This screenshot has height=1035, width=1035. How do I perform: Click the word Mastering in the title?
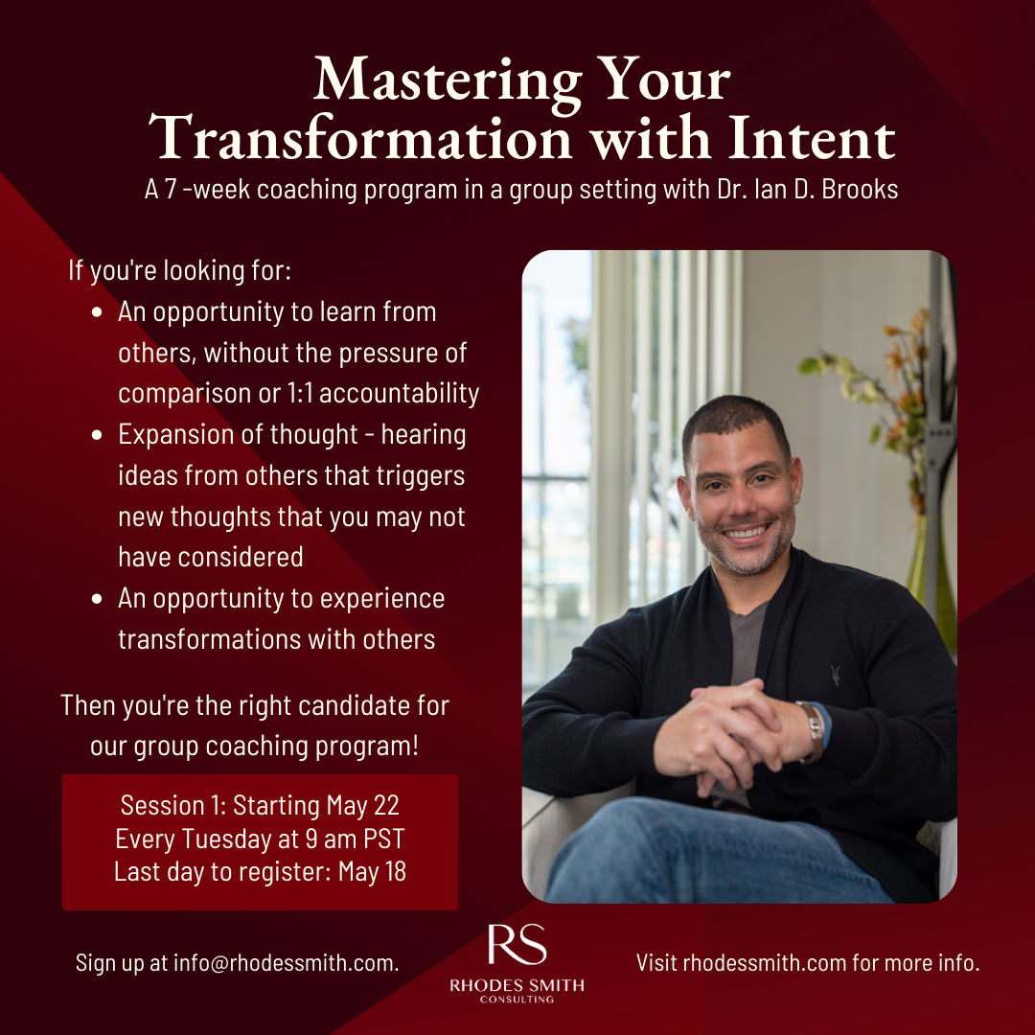[448, 81]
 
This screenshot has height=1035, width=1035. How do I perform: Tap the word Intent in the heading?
[812, 139]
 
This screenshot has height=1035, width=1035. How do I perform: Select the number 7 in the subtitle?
[171, 190]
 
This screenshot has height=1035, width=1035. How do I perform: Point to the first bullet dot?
[97, 312]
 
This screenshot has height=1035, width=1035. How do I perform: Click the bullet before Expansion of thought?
[97, 435]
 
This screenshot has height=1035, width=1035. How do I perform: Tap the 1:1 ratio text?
[300, 394]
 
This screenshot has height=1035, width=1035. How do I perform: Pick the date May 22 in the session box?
[362, 806]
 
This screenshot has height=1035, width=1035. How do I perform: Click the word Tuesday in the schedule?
[227, 839]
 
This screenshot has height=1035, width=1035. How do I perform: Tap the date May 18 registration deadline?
[372, 871]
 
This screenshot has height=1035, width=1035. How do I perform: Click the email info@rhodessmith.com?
[285, 962]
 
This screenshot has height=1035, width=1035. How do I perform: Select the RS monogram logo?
[517, 944]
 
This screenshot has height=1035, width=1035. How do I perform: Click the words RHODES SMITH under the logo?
[517, 985]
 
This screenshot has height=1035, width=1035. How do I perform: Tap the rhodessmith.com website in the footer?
[765, 962]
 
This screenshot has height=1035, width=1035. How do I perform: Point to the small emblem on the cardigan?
[835, 676]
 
